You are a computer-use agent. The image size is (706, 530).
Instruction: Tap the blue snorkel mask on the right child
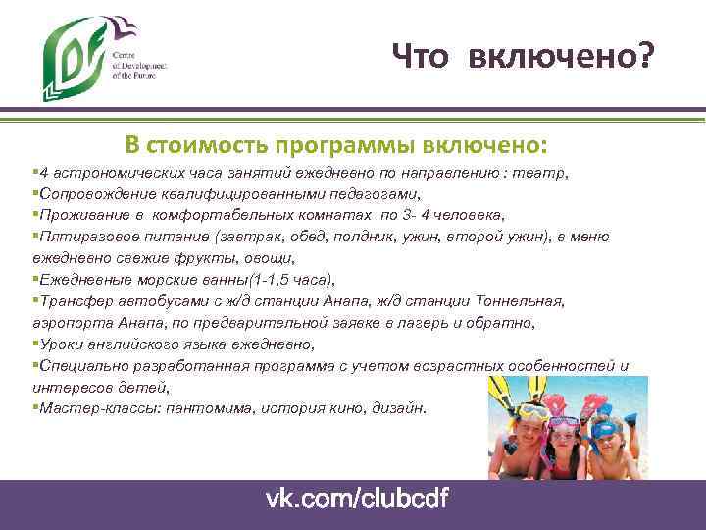605,429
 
